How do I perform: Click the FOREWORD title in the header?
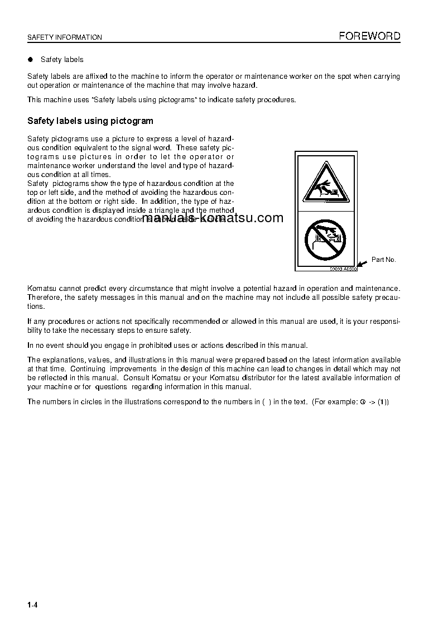[369, 36]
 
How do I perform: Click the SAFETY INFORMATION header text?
[65, 37]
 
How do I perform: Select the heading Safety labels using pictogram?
[90, 121]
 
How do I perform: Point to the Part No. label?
[384, 260]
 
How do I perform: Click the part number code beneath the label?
[342, 269]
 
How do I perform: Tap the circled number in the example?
[363, 402]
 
